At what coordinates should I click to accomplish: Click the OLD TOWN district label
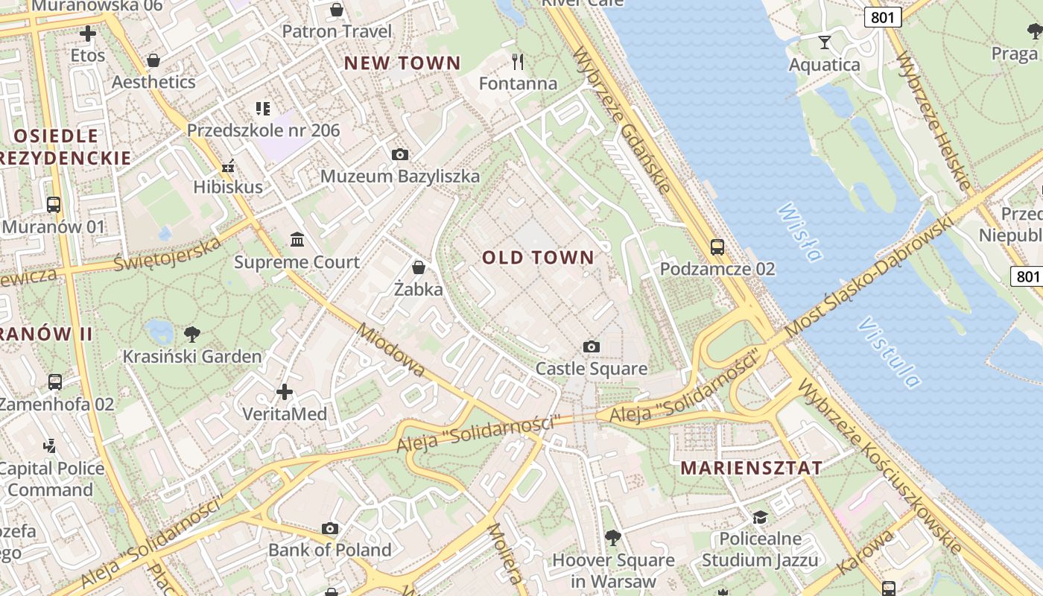coord(538,258)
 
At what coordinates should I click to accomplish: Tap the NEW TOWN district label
coord(402,63)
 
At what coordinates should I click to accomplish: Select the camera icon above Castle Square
coord(592,346)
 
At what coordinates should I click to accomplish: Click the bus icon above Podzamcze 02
coord(717,247)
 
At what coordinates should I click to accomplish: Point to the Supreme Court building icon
coord(297,240)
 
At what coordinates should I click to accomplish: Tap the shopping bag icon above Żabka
coord(419,267)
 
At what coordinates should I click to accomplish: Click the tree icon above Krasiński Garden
coord(192,334)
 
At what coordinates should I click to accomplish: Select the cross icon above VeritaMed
coord(285,391)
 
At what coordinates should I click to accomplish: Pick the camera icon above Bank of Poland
coord(330,529)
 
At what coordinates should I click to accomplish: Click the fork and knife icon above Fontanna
coord(519,61)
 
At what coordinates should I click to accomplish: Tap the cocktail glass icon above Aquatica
coord(825,42)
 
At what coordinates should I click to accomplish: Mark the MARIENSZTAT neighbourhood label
coord(752,468)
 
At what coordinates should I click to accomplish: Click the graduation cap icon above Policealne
coord(760,517)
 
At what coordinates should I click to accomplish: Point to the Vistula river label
coord(890,353)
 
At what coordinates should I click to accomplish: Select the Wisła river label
coord(800,232)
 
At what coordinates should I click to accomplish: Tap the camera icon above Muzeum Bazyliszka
coord(400,155)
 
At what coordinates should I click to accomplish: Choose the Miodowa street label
coord(391,350)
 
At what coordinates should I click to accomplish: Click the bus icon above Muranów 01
coord(54,204)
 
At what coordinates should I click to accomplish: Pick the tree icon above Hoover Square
coord(613,537)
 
